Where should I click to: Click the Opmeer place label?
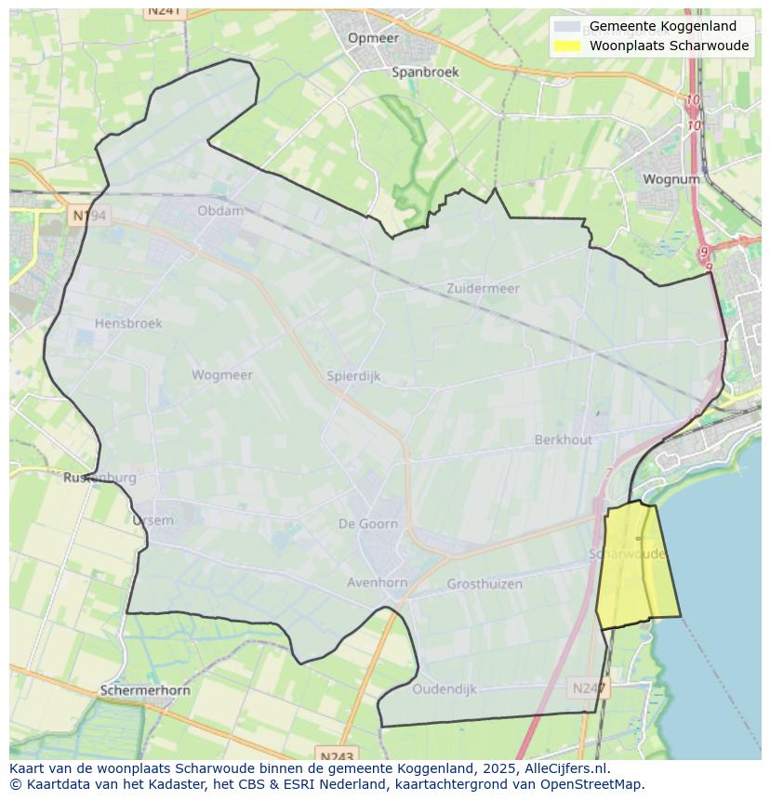tap(373, 38)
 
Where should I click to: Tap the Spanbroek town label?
tap(425, 72)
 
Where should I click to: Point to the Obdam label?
tap(220, 211)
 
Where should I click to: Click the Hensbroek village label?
tap(128, 323)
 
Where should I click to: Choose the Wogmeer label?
tap(221, 375)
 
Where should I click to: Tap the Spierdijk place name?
tap(353, 376)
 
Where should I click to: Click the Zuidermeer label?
tap(483, 288)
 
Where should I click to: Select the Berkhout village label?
tap(563, 439)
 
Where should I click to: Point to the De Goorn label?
tap(367, 524)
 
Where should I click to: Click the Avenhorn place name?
tap(377, 584)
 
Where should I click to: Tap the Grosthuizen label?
tap(485, 584)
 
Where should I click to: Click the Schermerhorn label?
tap(145, 690)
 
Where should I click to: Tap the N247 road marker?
tap(588, 689)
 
